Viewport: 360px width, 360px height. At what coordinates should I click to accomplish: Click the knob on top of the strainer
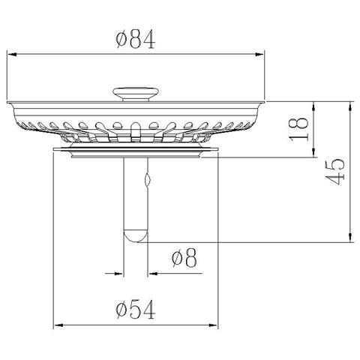pos(136,92)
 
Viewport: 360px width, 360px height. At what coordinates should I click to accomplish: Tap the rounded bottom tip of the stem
pos(136,235)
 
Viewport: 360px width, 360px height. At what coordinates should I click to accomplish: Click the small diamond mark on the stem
pos(147,181)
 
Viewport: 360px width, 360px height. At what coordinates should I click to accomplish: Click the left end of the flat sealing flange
pos(55,151)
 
